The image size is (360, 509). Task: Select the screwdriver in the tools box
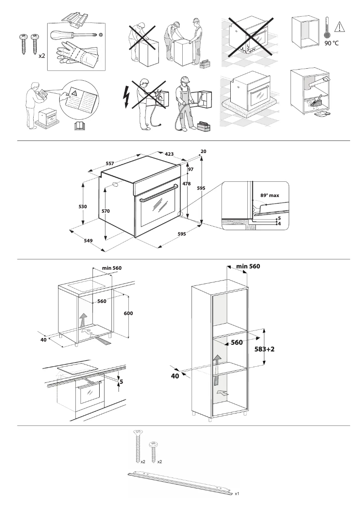75,35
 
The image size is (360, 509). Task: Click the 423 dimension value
170,154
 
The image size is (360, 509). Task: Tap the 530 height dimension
83,206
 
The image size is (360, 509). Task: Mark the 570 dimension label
105,211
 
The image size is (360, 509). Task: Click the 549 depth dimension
88,241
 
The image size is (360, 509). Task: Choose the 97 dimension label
190,169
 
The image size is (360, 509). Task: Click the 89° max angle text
269,196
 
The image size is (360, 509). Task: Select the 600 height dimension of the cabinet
128,313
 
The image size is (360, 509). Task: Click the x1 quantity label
237,493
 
